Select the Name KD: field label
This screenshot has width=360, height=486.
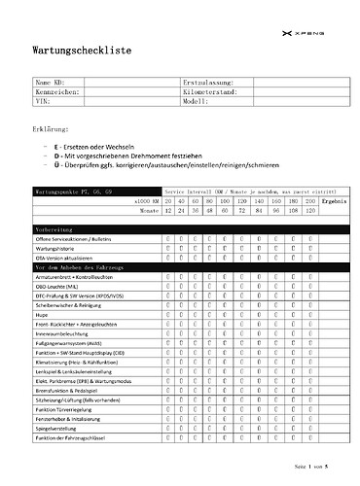51,83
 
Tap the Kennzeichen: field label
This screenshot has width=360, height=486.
57,91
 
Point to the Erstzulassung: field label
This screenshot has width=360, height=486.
206,83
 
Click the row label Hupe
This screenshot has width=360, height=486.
44,316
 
